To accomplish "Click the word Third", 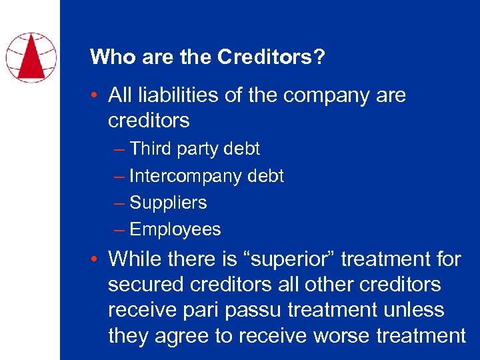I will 151,149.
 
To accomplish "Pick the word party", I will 199,149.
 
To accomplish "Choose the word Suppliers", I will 168,203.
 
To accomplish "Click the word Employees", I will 175,229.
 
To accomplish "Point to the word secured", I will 147,285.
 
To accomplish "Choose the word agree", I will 179,337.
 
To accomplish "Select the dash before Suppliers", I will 119,203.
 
